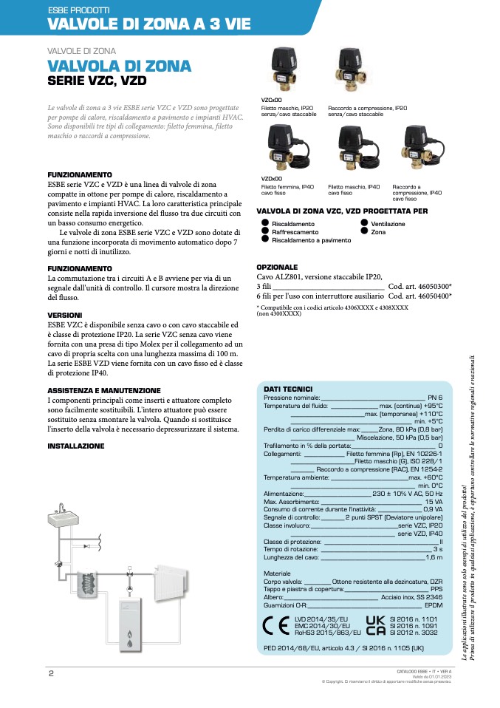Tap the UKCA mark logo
(375, 624)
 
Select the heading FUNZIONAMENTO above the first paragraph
(80, 174)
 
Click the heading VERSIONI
(66, 314)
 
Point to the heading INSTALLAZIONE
(76, 446)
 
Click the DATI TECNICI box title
(288, 389)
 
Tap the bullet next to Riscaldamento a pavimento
(266, 239)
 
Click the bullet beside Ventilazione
(364, 222)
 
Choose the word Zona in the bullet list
(378, 232)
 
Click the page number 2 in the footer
(51, 673)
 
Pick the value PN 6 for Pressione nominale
(435, 398)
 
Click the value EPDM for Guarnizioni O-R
(434, 605)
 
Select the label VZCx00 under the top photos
(271, 98)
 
